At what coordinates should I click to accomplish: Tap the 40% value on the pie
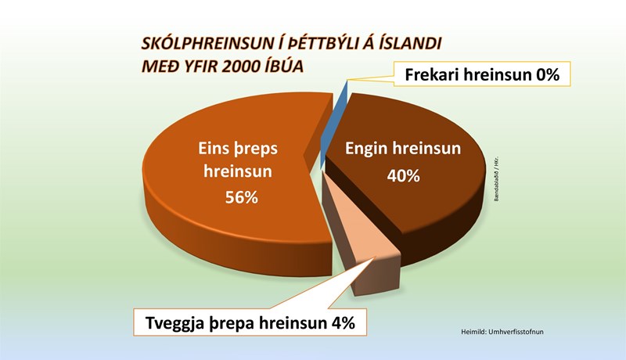[x=404, y=175]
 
